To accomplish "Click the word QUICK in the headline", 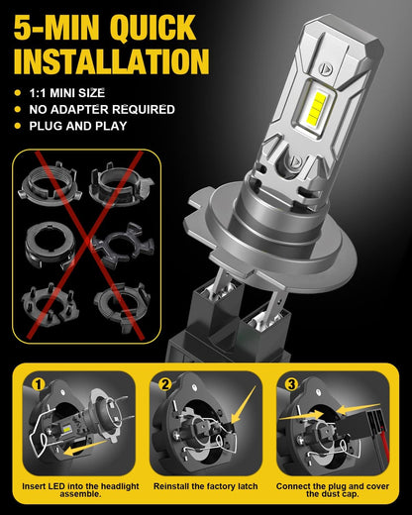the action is [154, 28].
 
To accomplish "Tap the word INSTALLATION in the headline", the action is [112, 61].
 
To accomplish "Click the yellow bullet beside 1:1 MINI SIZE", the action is [18, 93].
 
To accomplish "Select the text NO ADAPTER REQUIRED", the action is [102, 109].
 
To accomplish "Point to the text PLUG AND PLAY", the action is [78, 126].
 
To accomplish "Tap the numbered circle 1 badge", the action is [39, 384].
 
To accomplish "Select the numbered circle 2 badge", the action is [165, 384].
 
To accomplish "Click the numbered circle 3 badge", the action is [291, 384].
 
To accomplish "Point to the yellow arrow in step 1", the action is [85, 448].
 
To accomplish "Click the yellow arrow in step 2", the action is [244, 405].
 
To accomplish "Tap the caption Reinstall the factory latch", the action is [205, 486].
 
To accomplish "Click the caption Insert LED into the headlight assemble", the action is [80, 490].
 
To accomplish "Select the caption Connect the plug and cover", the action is [333, 486].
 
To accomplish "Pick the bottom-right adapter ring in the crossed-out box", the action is [123, 306].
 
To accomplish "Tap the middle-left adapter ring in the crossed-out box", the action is [51, 246].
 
